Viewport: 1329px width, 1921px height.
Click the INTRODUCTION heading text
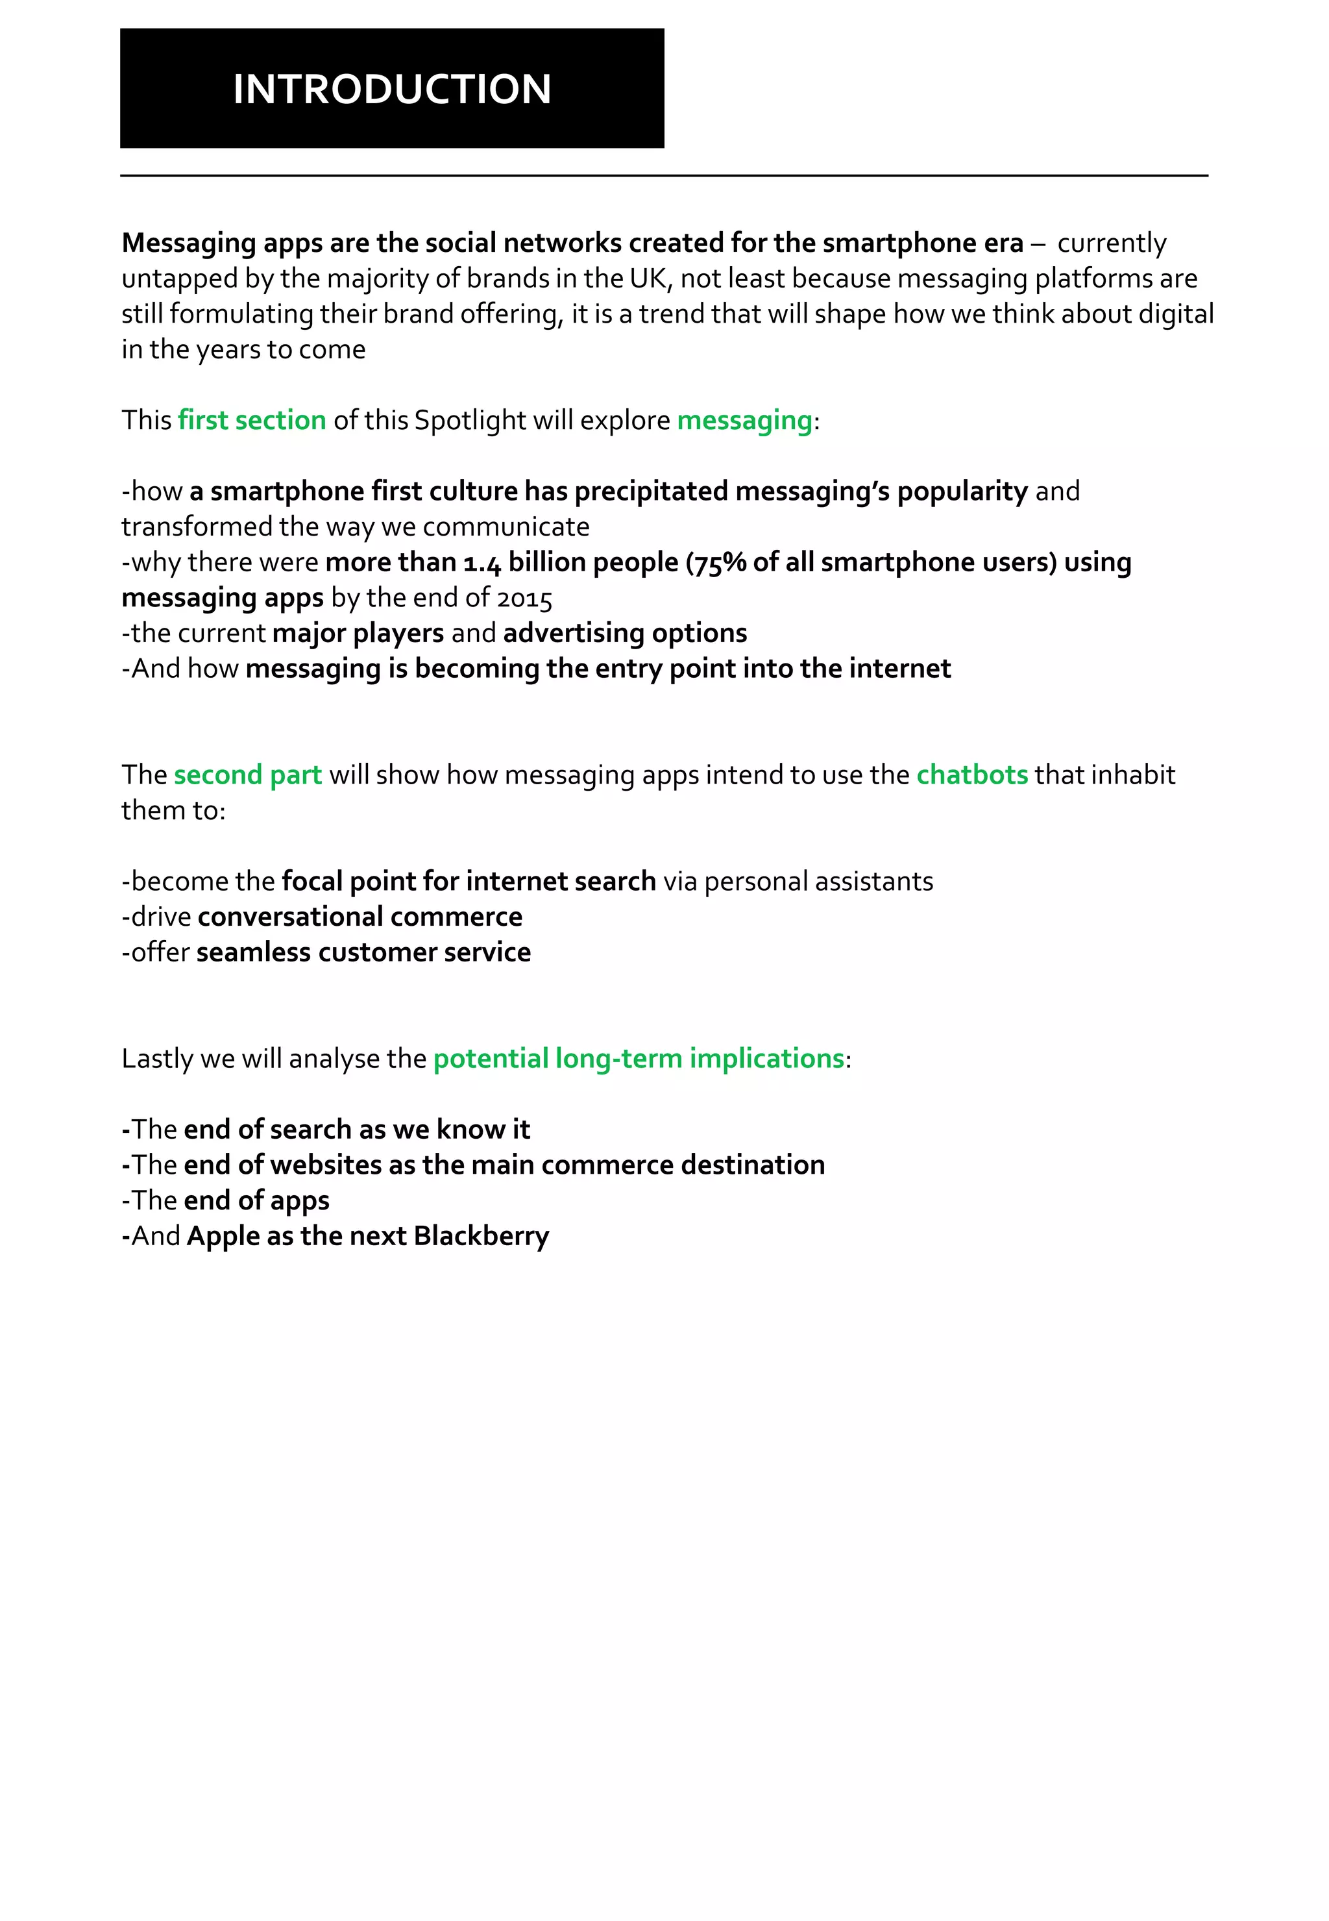click(x=391, y=89)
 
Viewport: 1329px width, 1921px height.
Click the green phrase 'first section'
click(x=252, y=420)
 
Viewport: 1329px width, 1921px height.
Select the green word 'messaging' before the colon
click(x=744, y=420)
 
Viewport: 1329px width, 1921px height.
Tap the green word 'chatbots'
click(x=972, y=775)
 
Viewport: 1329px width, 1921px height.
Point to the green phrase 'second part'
click(x=247, y=775)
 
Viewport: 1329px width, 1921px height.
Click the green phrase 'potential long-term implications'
click(x=639, y=1058)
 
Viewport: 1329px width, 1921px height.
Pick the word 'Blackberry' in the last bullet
click(x=482, y=1235)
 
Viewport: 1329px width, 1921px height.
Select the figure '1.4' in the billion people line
click(x=482, y=562)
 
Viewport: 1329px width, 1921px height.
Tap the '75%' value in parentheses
click(x=720, y=562)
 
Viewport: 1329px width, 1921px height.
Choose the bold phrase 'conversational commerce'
click(x=360, y=916)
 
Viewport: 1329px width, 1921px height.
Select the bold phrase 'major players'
click(x=358, y=633)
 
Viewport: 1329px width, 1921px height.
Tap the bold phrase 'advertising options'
click(x=624, y=633)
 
